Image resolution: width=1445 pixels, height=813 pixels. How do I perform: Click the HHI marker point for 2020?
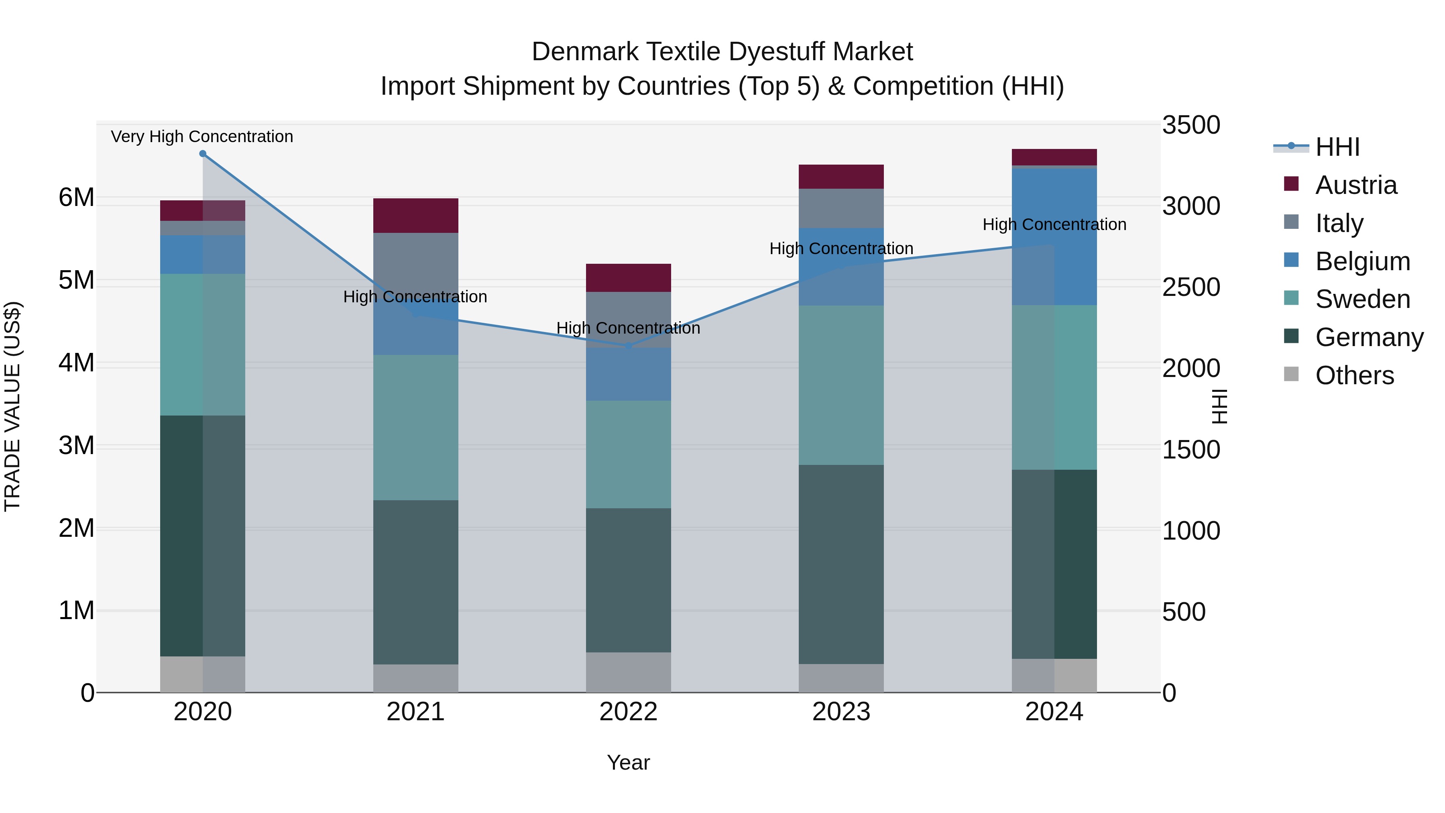click(203, 154)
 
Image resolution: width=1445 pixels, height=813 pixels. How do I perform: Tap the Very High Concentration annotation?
click(202, 137)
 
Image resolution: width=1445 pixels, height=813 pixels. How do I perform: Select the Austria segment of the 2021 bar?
click(416, 216)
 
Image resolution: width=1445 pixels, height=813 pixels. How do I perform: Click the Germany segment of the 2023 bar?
click(841, 564)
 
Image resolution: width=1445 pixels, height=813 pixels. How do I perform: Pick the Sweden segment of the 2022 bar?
click(628, 454)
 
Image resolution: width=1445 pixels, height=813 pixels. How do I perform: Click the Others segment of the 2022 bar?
click(628, 672)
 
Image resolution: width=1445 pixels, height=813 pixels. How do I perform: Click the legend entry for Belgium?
click(1362, 261)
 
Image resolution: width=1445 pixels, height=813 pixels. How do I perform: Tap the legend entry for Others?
click(1354, 375)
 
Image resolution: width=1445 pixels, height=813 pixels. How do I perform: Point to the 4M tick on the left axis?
click(76, 363)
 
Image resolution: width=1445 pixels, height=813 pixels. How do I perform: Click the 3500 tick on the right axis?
click(1191, 125)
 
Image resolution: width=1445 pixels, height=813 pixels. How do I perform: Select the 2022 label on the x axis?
click(628, 712)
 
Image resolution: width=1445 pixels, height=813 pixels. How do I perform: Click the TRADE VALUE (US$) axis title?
click(12, 407)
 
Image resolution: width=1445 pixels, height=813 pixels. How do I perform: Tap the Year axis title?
click(628, 762)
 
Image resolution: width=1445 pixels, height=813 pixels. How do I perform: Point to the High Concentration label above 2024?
click(1054, 224)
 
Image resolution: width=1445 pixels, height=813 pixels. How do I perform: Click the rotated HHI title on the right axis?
click(1219, 407)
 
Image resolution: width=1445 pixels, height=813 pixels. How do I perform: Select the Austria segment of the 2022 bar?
click(628, 278)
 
